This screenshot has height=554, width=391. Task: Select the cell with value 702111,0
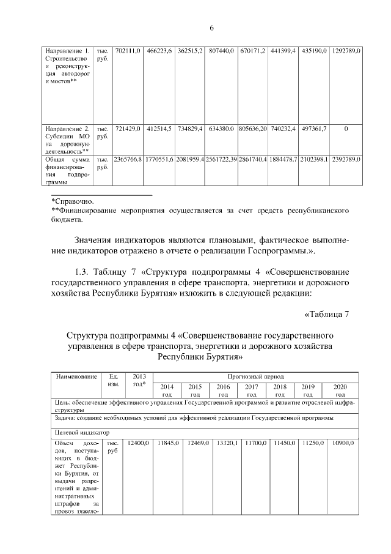pyautogui.click(x=128, y=50)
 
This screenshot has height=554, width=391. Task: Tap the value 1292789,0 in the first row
pyautogui.click(x=346, y=50)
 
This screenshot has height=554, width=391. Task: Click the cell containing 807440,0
pyautogui.click(x=221, y=50)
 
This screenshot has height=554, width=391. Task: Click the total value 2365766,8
pyautogui.click(x=128, y=159)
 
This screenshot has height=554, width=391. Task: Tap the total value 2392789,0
pyautogui.click(x=346, y=159)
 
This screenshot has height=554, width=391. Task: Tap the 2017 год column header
pyautogui.click(x=251, y=391)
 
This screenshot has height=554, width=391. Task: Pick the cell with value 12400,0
pyautogui.click(x=136, y=442)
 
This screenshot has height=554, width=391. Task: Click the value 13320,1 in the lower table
pyautogui.click(x=224, y=442)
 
